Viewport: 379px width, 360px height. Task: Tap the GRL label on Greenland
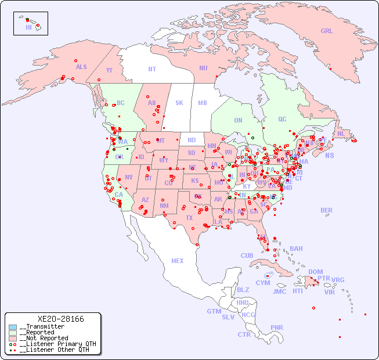[327, 31]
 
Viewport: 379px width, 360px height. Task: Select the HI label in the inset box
[28, 27]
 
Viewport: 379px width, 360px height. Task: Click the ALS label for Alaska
[81, 67]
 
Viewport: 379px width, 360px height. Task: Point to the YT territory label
[109, 70]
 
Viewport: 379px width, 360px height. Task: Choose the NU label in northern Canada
[203, 68]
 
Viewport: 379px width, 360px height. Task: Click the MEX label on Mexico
[178, 261]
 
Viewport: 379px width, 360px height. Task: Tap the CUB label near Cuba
[247, 255]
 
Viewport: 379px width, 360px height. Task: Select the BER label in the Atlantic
[327, 210]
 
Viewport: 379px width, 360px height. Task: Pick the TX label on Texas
[189, 218]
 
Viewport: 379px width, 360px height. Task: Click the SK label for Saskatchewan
[179, 103]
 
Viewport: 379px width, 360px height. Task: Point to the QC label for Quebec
[282, 119]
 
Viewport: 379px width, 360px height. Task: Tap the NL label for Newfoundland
[341, 133]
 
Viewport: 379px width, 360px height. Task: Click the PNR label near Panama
[277, 327]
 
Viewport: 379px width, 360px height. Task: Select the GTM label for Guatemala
[214, 311]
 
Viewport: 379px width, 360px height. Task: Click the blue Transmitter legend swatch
[13, 327]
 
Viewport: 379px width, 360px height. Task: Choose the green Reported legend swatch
[13, 333]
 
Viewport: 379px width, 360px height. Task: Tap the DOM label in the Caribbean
[315, 272]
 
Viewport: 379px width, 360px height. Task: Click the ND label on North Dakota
[192, 140]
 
